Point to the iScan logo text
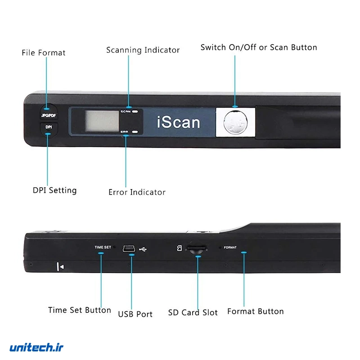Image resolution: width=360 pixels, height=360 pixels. pos(178,121)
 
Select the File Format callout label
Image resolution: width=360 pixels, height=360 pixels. pos(44,53)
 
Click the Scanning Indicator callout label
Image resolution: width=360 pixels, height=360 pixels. pos(143,50)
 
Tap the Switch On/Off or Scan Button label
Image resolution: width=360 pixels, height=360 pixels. pos(259,47)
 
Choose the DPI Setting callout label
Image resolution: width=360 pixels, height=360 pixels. pos(54,190)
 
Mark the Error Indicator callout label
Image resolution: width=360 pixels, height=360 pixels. pos(137,192)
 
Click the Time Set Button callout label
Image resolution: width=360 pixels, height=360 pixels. pos(79,310)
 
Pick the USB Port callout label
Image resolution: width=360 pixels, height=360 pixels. pos(135,314)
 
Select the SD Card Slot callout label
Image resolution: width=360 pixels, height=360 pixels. pos(193,312)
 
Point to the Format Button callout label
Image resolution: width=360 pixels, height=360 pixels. pos(255,311)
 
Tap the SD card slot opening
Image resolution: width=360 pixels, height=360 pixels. pos(197,248)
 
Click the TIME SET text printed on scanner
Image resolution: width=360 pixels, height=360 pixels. pos(102,247)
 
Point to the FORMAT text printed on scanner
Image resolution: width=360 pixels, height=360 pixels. pos(230,247)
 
